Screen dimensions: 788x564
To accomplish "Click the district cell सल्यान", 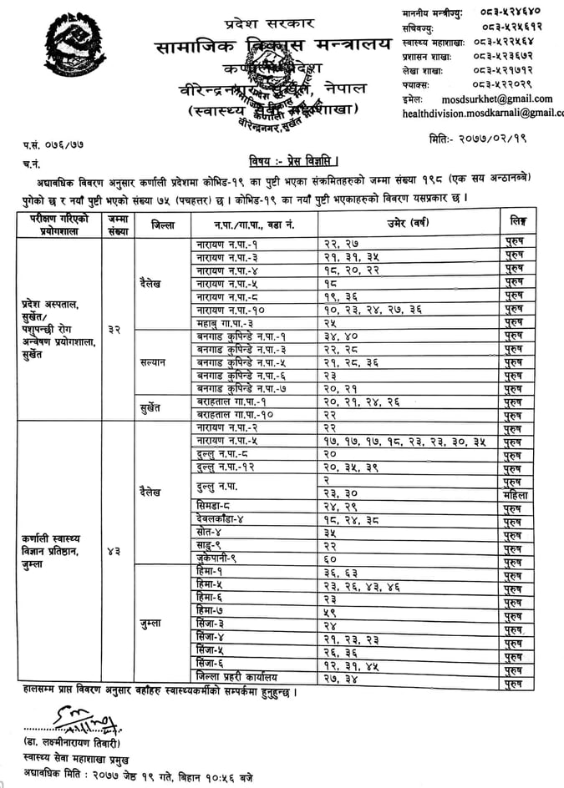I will coord(156,364).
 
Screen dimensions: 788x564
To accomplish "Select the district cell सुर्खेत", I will coord(156,408).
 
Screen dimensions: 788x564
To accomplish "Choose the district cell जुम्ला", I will coord(156,624).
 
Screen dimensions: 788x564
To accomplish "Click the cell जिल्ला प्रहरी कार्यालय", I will coord(231,676).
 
